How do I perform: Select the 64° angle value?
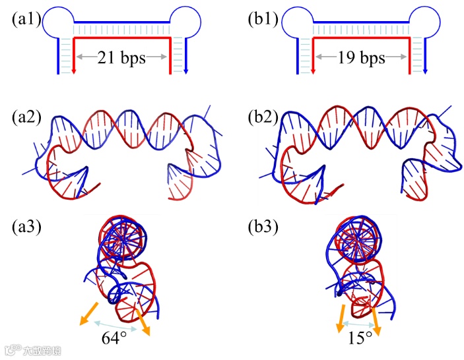[114, 338]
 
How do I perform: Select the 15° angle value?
[360, 338]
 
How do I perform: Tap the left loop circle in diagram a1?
[56, 22]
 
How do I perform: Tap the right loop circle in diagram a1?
[186, 22]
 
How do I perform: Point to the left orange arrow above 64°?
[89, 313]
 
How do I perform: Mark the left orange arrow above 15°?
[342, 316]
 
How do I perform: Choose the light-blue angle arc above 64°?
[116, 323]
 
